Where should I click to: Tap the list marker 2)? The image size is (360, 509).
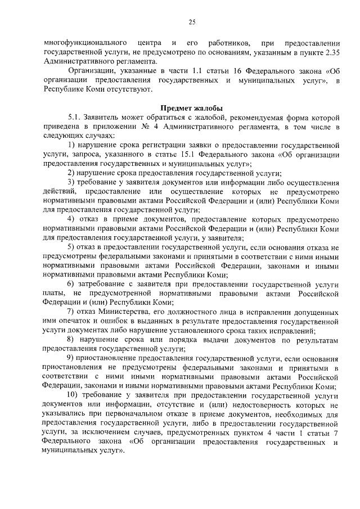click(71, 173)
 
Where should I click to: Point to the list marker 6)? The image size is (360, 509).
click(71, 284)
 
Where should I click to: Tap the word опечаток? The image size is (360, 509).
click(75, 321)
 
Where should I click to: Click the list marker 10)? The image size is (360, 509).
click(74, 395)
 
